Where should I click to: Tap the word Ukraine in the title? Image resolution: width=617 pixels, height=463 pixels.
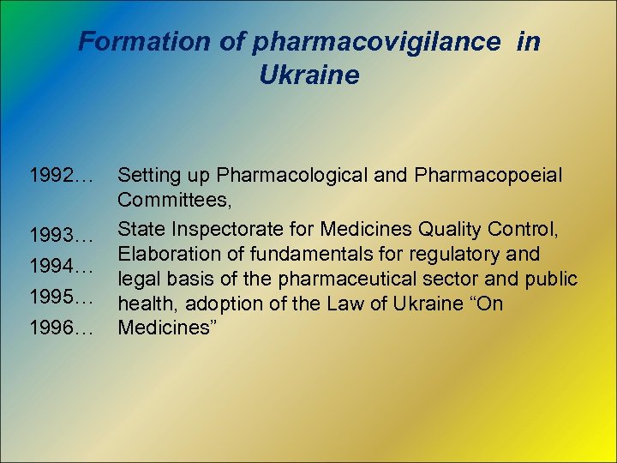(308, 75)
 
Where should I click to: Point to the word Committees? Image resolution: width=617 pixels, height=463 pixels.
(171, 202)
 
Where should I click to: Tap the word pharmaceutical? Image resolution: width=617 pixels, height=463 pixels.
(365, 280)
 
